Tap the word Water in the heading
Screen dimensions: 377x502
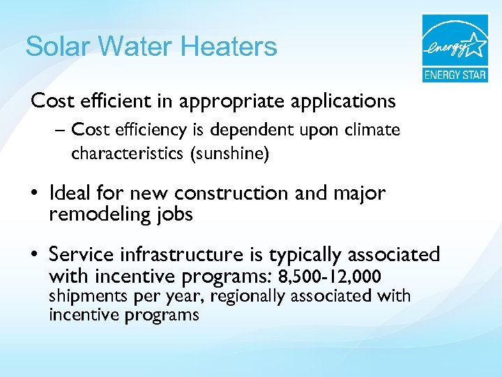137,47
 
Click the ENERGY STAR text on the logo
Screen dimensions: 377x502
455,75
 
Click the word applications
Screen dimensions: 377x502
341,102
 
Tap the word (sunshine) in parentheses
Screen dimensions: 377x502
231,154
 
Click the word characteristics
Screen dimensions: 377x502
126,154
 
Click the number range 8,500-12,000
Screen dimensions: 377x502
329,276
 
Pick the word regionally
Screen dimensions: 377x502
248,297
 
